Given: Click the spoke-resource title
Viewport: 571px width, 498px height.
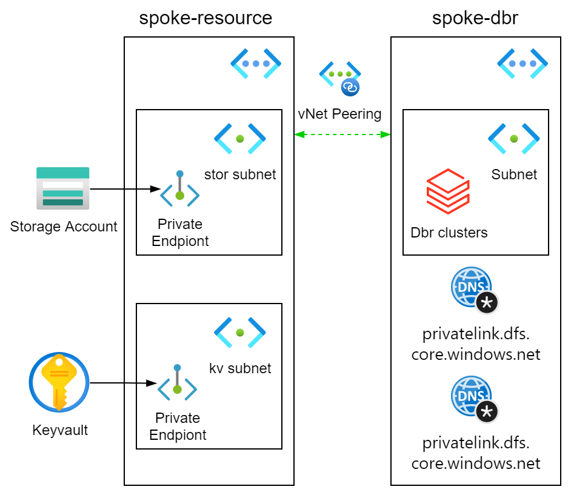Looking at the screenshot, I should [205, 18].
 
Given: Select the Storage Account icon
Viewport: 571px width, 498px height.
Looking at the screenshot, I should [63, 188].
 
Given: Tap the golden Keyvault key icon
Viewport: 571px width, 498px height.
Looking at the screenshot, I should [59, 382].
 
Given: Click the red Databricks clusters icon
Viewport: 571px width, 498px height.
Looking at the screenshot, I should [447, 191].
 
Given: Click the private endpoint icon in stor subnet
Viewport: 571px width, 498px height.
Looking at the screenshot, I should [179, 188].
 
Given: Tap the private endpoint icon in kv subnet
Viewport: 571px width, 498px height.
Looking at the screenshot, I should [177, 382].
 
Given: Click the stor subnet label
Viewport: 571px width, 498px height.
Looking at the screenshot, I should [239, 174].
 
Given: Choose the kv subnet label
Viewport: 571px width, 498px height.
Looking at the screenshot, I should [240, 368].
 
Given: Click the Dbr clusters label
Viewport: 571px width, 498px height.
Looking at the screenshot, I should [449, 233].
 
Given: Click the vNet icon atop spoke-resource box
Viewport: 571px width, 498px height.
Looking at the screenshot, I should [256, 63].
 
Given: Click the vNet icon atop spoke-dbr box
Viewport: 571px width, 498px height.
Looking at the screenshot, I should [523, 63].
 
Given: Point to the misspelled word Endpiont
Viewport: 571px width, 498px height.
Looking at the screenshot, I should [180, 241].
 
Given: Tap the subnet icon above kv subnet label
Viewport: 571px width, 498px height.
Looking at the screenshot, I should [240, 333].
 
